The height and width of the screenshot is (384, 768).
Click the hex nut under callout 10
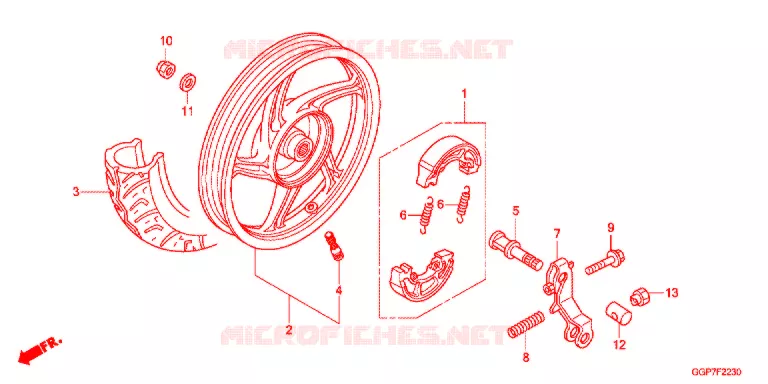[166, 69]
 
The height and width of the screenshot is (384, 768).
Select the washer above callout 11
[188, 81]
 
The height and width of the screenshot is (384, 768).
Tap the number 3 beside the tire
[76, 192]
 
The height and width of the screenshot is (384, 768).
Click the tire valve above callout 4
[335, 248]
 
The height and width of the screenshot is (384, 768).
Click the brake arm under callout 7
[567, 301]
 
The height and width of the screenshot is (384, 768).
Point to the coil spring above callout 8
[525, 325]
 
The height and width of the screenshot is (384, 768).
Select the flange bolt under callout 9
[605, 262]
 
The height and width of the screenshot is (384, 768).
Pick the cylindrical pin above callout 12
[619, 313]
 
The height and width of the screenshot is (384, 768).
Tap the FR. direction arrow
[40, 350]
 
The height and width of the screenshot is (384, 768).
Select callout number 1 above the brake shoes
[464, 93]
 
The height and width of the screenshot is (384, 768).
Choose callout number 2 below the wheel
[289, 330]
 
